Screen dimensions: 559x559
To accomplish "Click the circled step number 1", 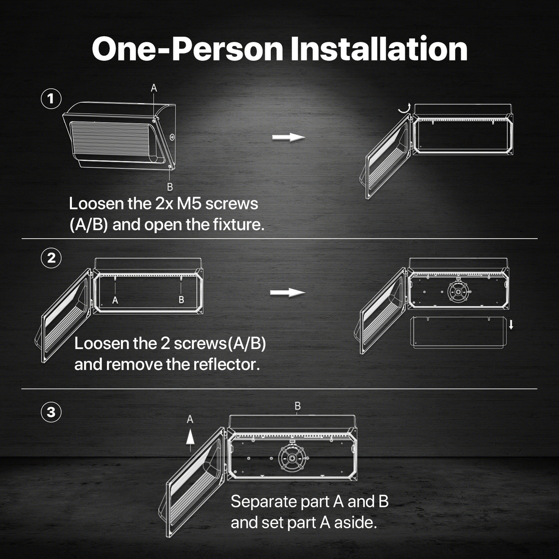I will (x=51, y=99).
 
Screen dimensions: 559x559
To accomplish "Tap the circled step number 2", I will (x=51, y=258).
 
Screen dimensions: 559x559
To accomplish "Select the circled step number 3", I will (x=51, y=412).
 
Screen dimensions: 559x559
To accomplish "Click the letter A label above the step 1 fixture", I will (x=154, y=88).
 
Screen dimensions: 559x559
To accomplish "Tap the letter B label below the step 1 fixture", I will (x=170, y=187).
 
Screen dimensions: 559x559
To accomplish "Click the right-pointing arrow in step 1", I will (x=288, y=137).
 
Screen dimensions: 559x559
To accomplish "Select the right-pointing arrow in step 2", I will (x=287, y=292).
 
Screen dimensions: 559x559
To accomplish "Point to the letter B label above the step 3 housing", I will (x=297, y=406).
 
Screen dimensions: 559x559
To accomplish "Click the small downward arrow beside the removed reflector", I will (x=511, y=325).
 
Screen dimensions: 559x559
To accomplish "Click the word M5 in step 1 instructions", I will (x=189, y=204).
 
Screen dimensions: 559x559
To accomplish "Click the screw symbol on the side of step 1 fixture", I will (x=172, y=137).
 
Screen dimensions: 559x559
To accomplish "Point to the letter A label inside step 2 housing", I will (x=115, y=300).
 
